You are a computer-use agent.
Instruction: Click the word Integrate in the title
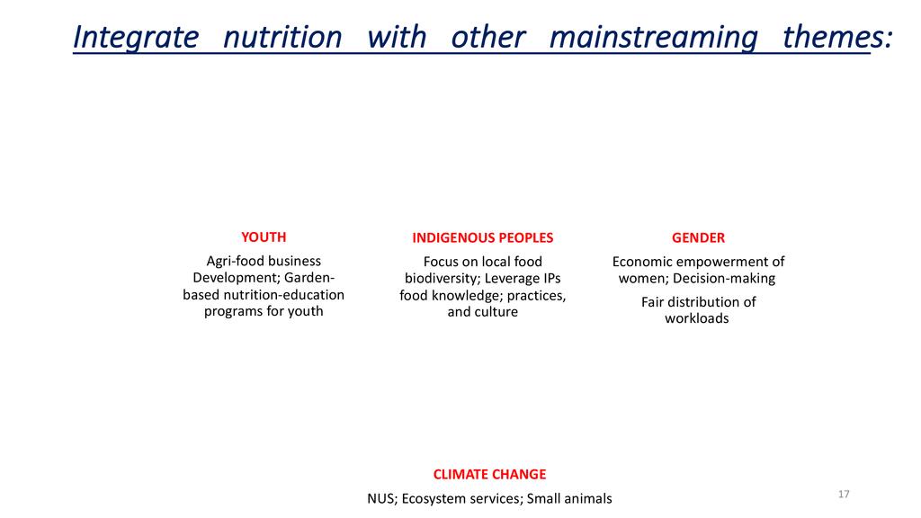[137, 38]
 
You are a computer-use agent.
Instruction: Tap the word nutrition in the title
[282, 37]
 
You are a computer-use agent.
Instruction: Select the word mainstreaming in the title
[653, 38]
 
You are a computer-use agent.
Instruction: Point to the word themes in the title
[834, 37]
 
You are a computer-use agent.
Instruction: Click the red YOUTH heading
[264, 237]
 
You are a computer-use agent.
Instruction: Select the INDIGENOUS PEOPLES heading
[483, 237]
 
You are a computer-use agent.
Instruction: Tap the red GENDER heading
[698, 237]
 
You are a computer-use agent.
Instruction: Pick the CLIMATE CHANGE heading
[490, 475]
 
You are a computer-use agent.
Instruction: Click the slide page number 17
[844, 494]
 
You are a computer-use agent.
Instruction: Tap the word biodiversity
[441, 279]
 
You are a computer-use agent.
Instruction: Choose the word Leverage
[508, 279]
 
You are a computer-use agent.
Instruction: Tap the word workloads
[697, 318]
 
